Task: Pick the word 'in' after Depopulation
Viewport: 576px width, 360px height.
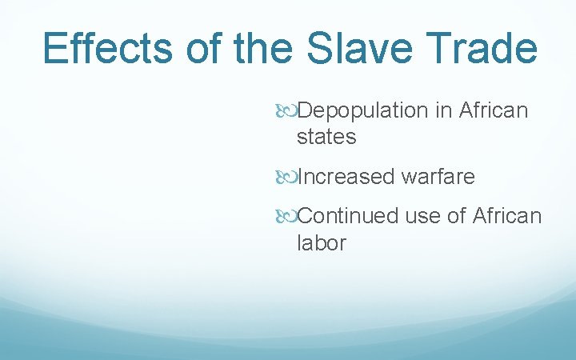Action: pyautogui.click(x=444, y=110)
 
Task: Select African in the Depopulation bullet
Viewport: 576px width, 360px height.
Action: pyautogui.click(x=494, y=110)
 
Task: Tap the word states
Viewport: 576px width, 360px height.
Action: pyautogui.click(x=326, y=138)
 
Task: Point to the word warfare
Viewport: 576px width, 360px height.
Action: pyautogui.click(x=438, y=176)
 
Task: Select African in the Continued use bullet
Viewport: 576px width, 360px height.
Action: pyautogui.click(x=507, y=216)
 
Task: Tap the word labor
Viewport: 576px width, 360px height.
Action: pyautogui.click(x=322, y=243)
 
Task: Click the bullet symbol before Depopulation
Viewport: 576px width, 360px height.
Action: pyautogui.click(x=289, y=111)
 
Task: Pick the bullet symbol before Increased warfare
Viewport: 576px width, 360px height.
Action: pyautogui.click(x=289, y=177)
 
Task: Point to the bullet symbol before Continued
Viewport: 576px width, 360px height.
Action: pyautogui.click(x=289, y=217)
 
